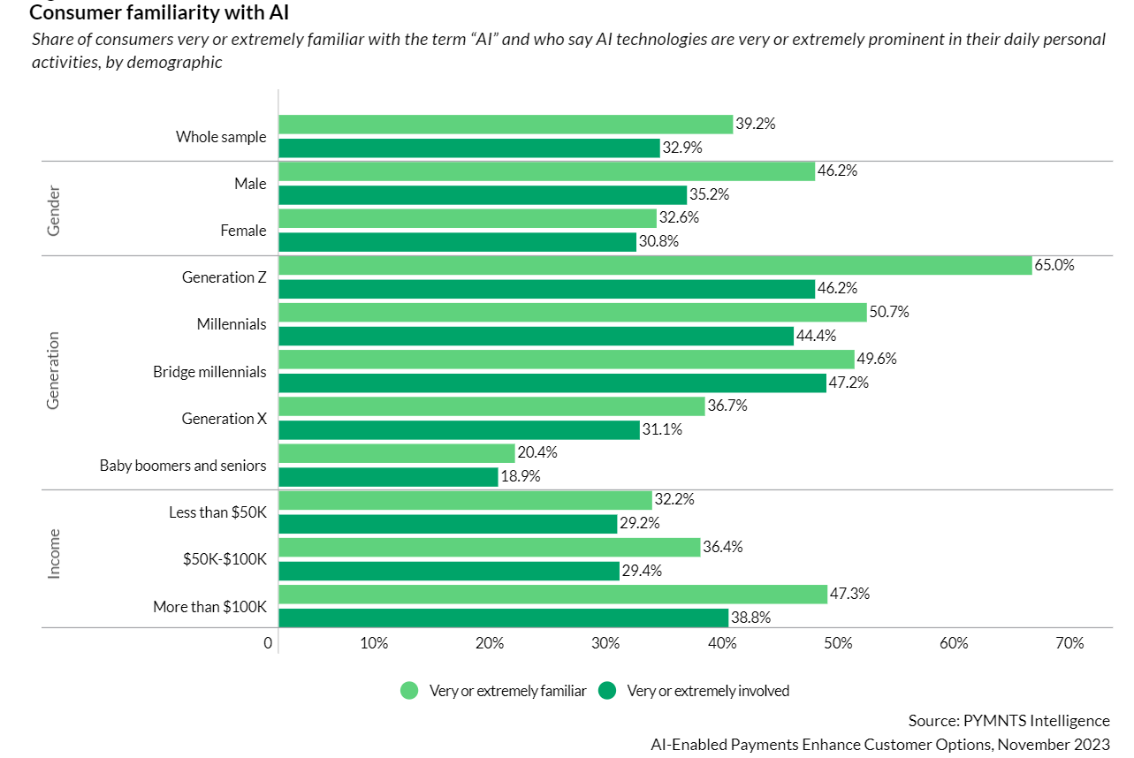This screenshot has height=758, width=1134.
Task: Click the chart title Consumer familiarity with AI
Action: [159, 13]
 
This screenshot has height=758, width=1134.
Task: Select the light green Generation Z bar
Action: [655, 265]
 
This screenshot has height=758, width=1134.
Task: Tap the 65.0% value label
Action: [1054, 265]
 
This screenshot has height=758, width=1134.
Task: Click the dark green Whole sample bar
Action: [469, 148]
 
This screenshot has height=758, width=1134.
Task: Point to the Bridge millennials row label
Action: [209, 372]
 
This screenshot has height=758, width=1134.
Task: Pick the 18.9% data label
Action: [520, 476]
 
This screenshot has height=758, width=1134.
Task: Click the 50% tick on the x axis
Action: [838, 643]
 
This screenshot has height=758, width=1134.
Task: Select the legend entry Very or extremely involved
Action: [707, 691]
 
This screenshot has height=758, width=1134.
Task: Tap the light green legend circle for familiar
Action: [409, 691]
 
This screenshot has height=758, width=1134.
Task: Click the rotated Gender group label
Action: [54, 209]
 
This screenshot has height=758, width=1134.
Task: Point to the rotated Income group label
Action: [54, 553]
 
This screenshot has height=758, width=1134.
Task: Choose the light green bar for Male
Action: [546, 171]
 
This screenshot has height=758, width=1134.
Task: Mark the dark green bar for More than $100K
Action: [503, 618]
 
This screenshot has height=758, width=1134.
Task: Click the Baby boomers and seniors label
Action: [183, 466]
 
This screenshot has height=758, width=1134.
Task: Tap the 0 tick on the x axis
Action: [268, 643]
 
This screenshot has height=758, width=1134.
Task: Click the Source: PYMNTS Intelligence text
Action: [1008, 720]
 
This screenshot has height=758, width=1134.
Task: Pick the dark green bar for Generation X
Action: [459, 429]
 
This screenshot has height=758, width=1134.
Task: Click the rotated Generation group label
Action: [54, 371]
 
